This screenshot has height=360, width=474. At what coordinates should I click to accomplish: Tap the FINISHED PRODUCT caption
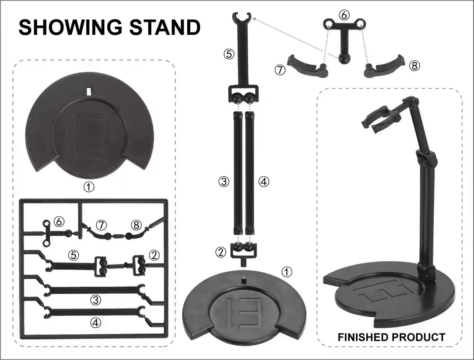pyautogui.click(x=391, y=337)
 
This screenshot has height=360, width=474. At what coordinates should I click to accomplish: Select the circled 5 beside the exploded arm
pyautogui.click(x=229, y=54)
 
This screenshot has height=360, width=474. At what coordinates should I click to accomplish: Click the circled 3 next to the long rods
pyautogui.click(x=224, y=181)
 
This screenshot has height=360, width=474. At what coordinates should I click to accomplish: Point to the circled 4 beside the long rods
pyautogui.click(x=264, y=181)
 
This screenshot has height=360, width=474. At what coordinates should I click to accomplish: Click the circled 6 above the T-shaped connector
pyautogui.click(x=344, y=15)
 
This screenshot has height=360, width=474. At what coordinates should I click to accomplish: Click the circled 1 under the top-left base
pyautogui.click(x=89, y=187)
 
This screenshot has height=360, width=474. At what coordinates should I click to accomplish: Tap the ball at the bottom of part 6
pyautogui.click(x=344, y=58)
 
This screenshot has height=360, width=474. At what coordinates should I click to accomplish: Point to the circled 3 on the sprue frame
pyautogui.click(x=96, y=300)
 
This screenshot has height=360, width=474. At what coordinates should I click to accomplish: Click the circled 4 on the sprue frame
pyautogui.click(x=96, y=322)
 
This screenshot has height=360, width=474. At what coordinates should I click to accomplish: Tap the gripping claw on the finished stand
pyautogui.click(x=381, y=119)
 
